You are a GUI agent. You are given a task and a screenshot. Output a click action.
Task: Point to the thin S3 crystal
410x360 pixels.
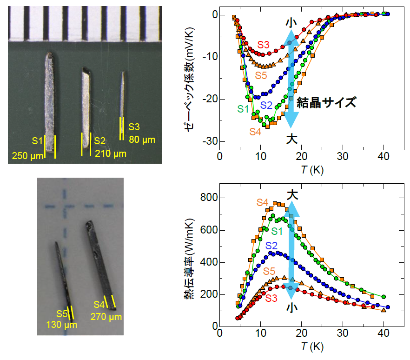tap(123, 98)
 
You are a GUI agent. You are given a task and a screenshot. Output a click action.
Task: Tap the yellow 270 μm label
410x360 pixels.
tap(107, 317)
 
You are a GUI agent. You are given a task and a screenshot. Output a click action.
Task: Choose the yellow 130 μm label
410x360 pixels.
tap(61, 324)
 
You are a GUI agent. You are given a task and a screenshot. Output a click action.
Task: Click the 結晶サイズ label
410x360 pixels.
tap(326, 102)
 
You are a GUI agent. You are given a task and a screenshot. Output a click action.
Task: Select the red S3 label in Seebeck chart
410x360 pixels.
tap(263, 45)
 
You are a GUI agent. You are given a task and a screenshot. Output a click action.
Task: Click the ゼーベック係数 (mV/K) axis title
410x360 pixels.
tap(188, 83)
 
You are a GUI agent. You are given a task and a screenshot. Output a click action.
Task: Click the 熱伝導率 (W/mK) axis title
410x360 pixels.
tap(188, 262)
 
